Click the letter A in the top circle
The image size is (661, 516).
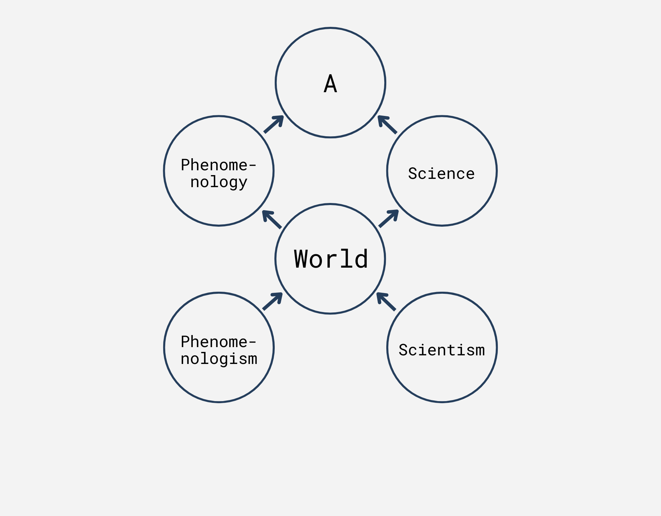pos(330,84)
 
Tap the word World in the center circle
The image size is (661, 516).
pos(331,259)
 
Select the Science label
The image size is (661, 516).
pos(441,173)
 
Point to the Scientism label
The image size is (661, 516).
pos(442,350)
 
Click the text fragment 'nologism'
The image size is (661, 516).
pos(219,359)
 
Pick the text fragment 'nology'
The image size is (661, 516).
pos(219,182)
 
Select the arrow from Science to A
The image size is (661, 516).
pos(387,125)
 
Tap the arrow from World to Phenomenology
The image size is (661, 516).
pos(272,219)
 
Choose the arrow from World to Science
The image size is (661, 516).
pos(389,218)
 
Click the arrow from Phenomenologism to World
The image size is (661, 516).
pos(273,301)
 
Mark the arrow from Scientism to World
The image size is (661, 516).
pos(386,302)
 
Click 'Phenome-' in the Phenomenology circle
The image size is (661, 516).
pos(218,165)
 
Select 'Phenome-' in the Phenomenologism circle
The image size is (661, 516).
pos(218,342)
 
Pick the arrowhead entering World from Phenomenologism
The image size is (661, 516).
pos(279,296)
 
